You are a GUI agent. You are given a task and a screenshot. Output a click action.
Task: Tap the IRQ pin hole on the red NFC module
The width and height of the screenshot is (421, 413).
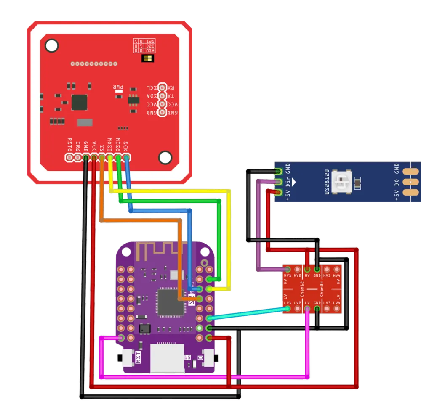pyautogui.click(x=78, y=158)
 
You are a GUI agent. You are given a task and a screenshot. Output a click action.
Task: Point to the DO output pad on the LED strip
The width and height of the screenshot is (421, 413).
pyautogui.click(x=408, y=182)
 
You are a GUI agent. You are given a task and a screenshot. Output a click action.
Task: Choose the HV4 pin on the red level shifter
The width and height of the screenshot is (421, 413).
pyautogui.click(x=337, y=270)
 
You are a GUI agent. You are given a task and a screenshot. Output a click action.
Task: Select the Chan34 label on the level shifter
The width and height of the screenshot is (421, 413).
pyautogui.click(x=322, y=289)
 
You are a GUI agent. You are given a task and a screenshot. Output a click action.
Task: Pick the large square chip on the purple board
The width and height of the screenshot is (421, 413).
pyautogui.click(x=170, y=302)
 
